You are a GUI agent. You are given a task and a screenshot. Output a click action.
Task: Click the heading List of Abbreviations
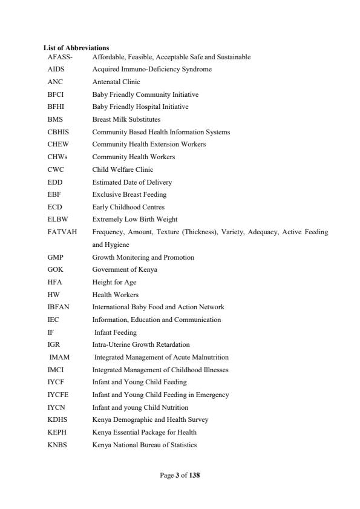point(76,48)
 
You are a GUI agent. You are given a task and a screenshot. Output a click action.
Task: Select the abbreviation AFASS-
point(60,57)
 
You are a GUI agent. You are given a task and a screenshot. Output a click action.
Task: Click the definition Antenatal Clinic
point(116,82)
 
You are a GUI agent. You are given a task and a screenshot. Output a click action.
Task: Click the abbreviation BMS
point(55,119)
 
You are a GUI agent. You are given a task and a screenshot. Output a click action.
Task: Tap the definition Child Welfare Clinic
point(123,169)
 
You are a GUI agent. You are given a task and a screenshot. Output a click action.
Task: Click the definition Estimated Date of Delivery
point(132,182)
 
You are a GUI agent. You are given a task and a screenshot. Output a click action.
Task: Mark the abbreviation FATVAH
point(62,232)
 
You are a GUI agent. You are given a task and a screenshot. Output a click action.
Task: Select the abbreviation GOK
point(56,269)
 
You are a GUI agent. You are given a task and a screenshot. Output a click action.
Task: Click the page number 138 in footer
point(194,475)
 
